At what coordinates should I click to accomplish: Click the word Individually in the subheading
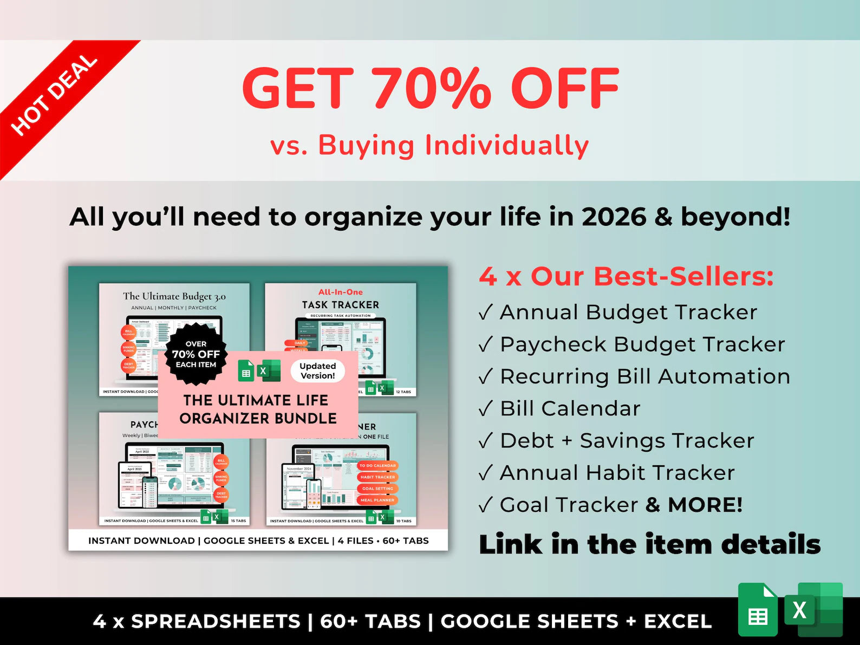click(507, 146)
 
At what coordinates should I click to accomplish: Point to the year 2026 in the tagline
click(614, 217)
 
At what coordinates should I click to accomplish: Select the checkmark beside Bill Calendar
click(486, 409)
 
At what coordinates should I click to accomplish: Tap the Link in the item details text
click(649, 544)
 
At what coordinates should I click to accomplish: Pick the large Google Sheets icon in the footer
click(758, 610)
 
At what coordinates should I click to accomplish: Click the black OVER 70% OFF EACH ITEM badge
click(196, 354)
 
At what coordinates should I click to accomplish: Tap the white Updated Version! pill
click(318, 371)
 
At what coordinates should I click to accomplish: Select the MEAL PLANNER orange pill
click(377, 500)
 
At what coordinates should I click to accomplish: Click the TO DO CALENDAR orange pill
click(377, 465)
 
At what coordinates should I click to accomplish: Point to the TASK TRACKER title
click(341, 305)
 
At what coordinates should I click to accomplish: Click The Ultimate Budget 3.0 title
click(174, 296)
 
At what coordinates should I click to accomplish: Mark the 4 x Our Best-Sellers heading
click(626, 276)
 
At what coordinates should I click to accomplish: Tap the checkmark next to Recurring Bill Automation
click(486, 376)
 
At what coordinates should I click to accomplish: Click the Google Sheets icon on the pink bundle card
click(246, 371)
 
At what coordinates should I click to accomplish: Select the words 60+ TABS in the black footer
click(370, 621)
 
